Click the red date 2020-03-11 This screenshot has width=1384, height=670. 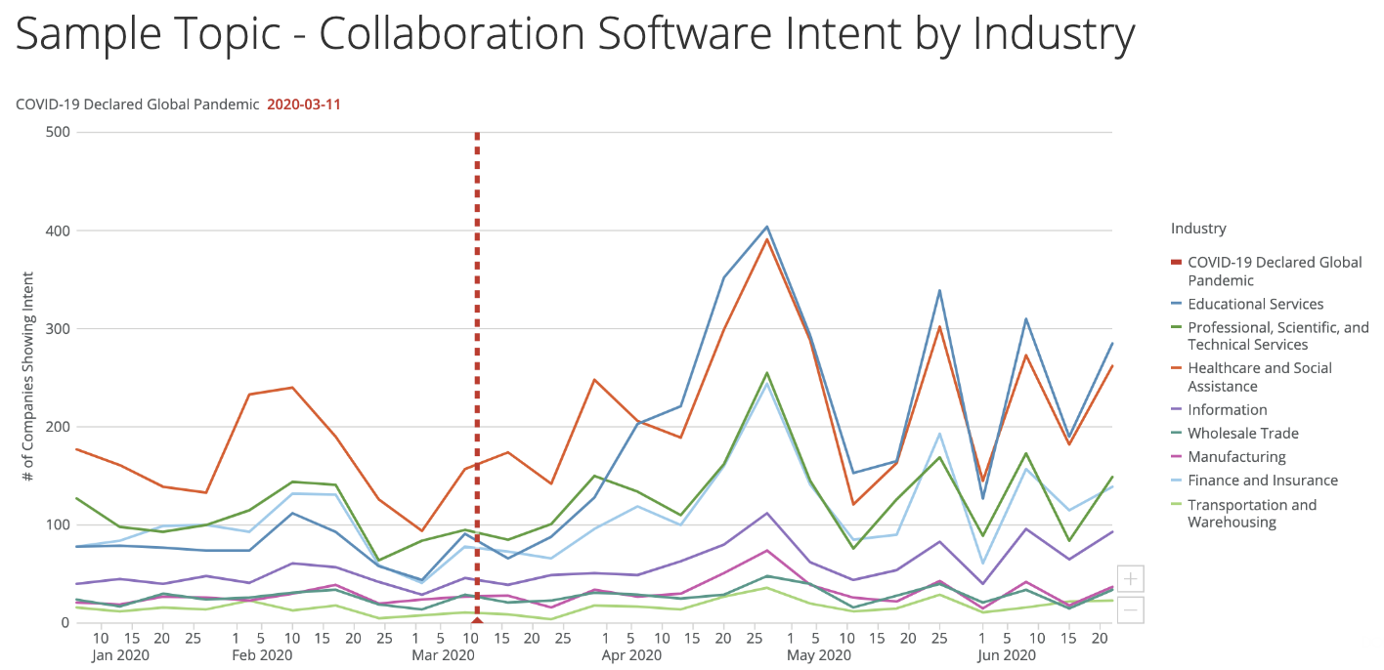[303, 104]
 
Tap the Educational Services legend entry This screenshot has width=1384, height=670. [1255, 304]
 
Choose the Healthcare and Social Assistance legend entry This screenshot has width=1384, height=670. [1259, 377]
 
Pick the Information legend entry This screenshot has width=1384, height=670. [1227, 410]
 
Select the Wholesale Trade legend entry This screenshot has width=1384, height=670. [1243, 434]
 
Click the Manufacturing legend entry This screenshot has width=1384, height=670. [1236, 457]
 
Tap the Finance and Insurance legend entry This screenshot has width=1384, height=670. [1263, 481]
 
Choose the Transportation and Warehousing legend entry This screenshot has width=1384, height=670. [1252, 513]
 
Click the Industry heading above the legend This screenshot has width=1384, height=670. [1198, 229]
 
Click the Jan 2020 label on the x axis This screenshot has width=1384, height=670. [121, 655]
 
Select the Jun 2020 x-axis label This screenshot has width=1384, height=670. [1006, 655]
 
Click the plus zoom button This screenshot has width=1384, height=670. [1130, 579]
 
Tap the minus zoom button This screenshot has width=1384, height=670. [1130, 609]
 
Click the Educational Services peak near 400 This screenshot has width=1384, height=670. [767, 227]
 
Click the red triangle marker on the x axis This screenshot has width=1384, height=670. [477, 619]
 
